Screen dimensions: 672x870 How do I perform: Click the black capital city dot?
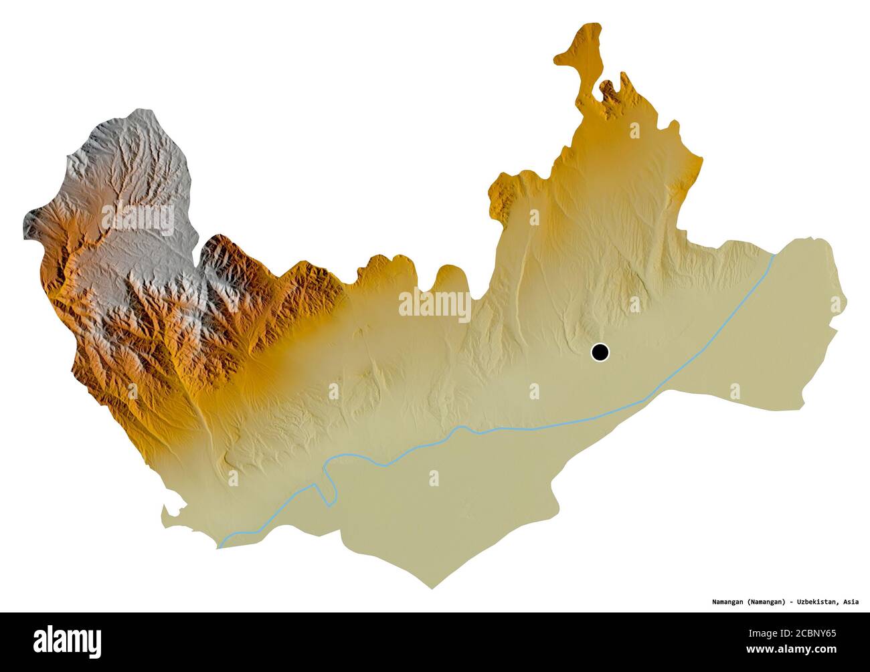coord(600,352)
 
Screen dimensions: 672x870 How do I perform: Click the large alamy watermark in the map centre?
coord(434,304)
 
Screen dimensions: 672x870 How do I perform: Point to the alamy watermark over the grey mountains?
coord(138,218)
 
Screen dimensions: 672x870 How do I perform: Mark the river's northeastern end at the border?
coord(774,255)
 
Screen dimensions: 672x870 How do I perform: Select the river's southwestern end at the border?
coord(219,547)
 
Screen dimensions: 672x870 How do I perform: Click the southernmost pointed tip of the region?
coord(432,588)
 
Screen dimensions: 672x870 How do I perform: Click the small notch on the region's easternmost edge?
coord(834,328)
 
